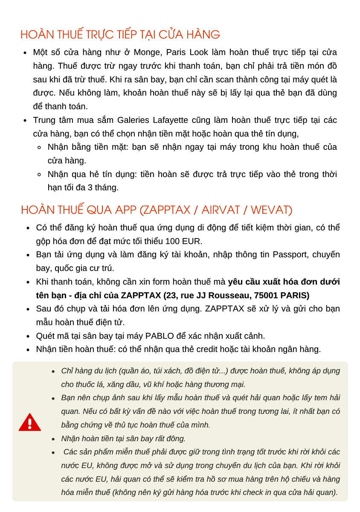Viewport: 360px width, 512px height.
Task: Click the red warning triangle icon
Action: tap(30, 422)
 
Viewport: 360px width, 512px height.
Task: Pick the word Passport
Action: tap(290, 255)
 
